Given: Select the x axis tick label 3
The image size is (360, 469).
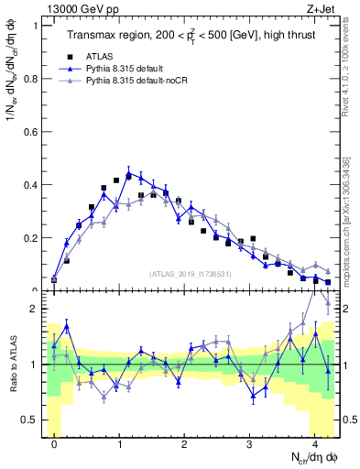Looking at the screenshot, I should click(x=250, y=445).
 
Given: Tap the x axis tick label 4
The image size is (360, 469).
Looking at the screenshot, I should click(x=315, y=445).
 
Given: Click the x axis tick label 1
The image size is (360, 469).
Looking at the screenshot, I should click(x=120, y=445).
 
